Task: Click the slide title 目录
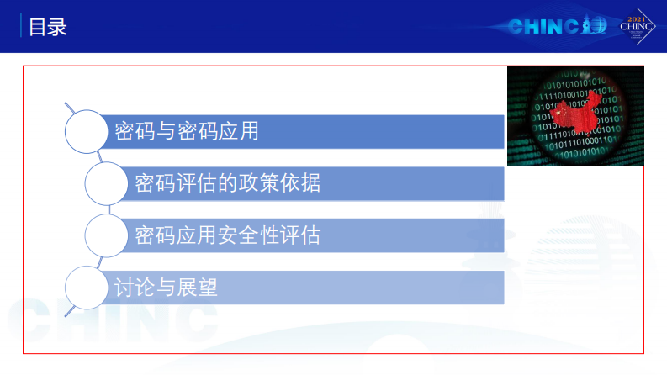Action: [x=48, y=27]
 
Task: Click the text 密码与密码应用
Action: [x=186, y=131]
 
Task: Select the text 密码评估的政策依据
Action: [x=227, y=183]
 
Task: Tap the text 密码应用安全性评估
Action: [x=227, y=235]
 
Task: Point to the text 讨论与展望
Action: [x=166, y=288]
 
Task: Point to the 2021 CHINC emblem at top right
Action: [x=637, y=25]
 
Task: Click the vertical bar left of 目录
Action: [x=22, y=27]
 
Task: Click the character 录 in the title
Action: [x=57, y=27]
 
